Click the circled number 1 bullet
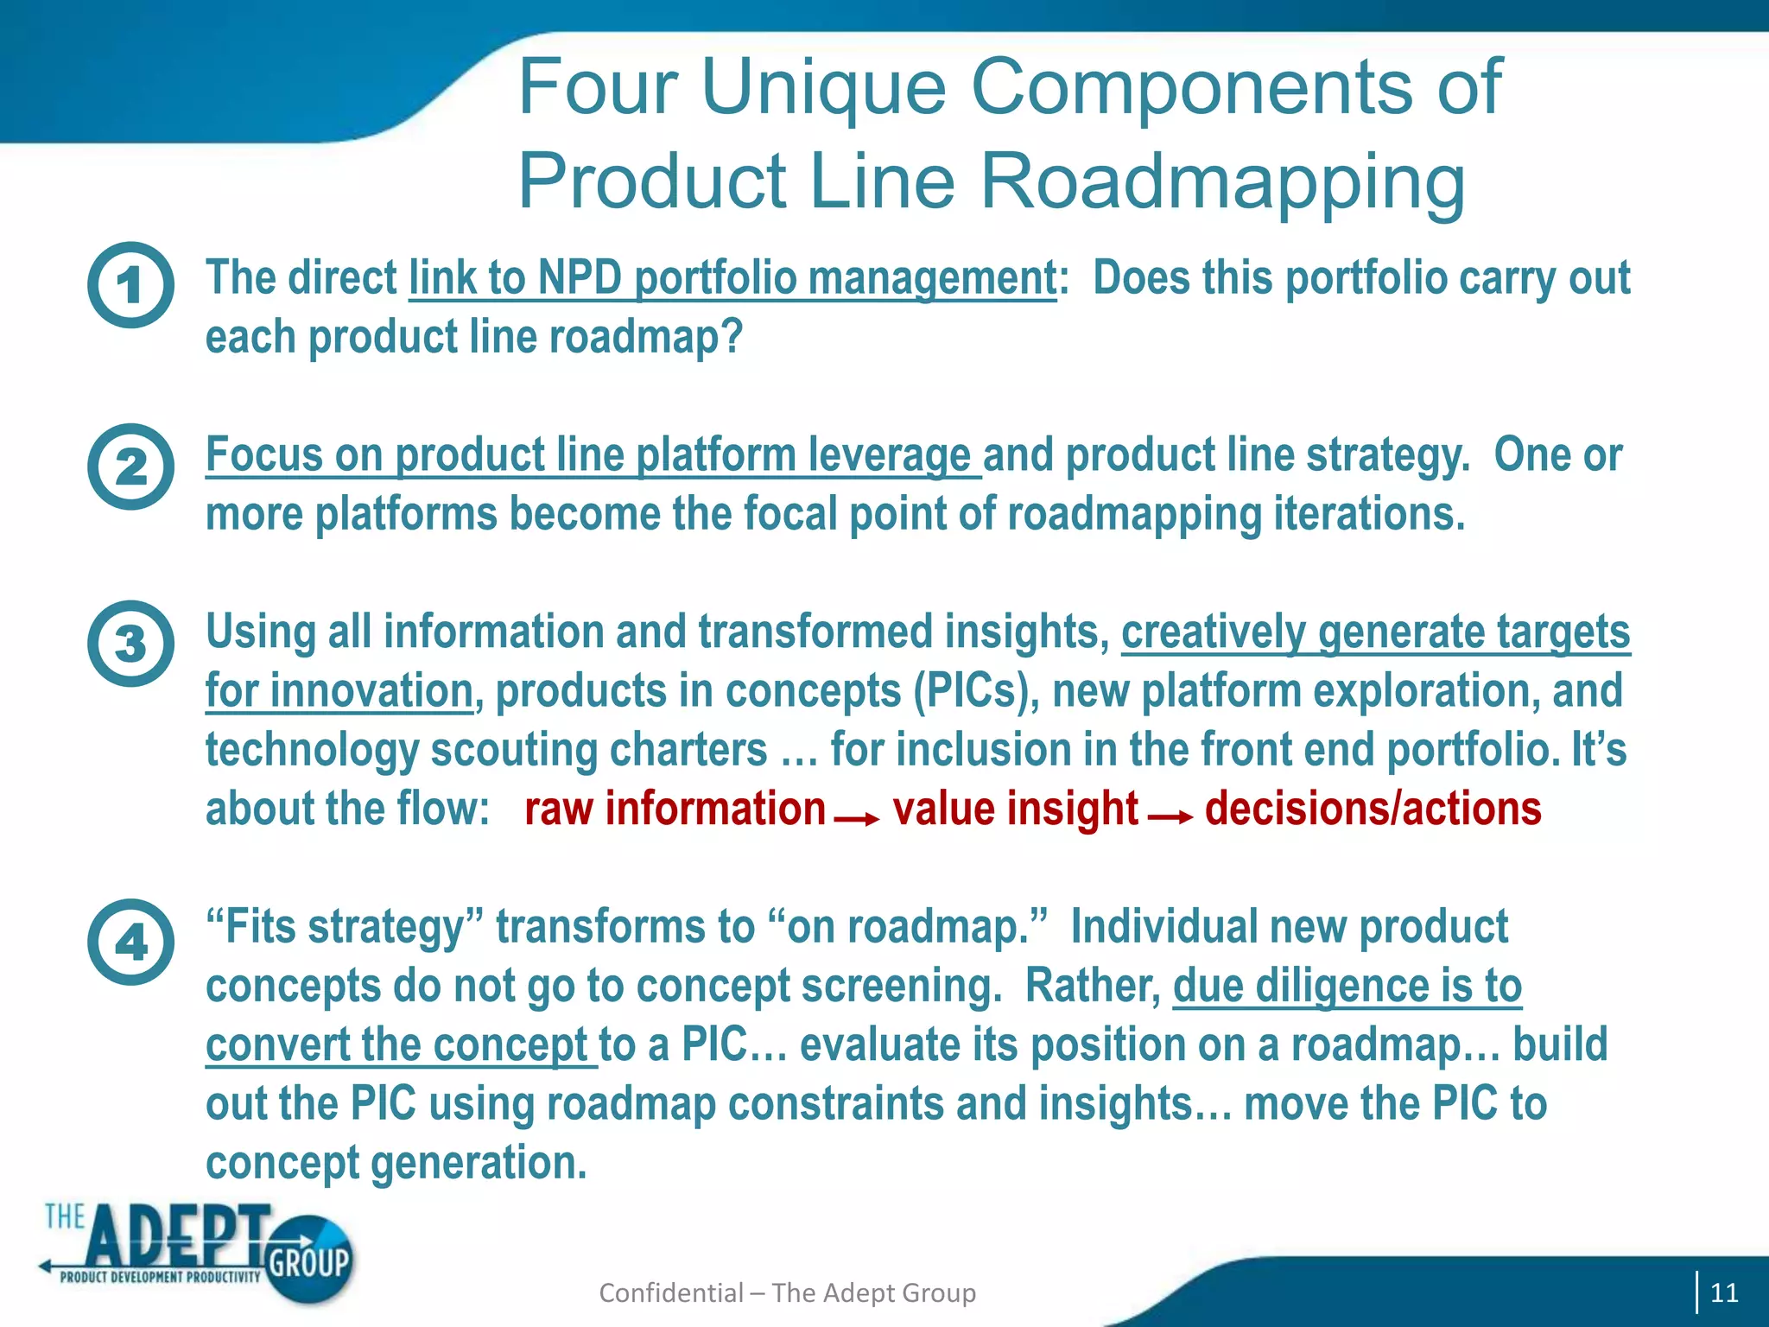pyautogui.click(x=130, y=284)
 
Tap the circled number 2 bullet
pyautogui.click(x=130, y=467)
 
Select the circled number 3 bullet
pyautogui.click(x=130, y=644)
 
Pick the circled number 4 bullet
pyautogui.click(x=130, y=942)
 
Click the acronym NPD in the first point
pyautogui.click(x=579, y=278)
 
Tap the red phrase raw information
pyautogui.click(x=675, y=810)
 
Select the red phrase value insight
pyautogui.click(x=1015, y=810)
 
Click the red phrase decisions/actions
pyautogui.click(x=1373, y=810)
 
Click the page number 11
pyautogui.click(x=1723, y=1292)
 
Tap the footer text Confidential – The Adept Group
pyautogui.click(x=787, y=1292)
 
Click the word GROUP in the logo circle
pyautogui.click(x=308, y=1262)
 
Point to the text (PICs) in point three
pyautogui.click(x=976, y=691)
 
